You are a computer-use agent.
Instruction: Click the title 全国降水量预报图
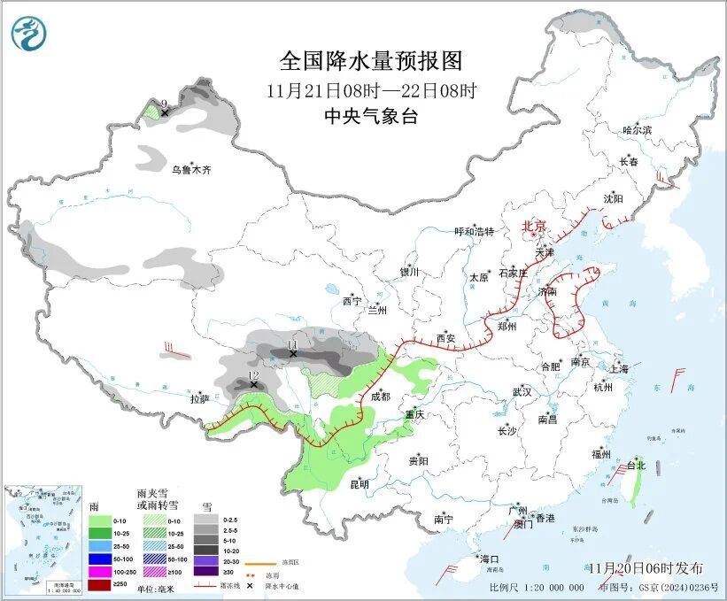tap(371, 61)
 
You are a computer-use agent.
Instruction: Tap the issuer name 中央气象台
tap(371, 116)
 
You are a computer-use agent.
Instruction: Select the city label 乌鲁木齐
tap(192, 169)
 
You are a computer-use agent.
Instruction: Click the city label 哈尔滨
tap(636, 130)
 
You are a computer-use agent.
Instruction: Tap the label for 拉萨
tap(200, 399)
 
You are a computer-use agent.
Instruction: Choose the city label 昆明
tap(360, 484)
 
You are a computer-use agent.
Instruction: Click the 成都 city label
tap(380, 397)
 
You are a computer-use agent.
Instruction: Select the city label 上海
tap(619, 368)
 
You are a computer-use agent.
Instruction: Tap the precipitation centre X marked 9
tap(165, 112)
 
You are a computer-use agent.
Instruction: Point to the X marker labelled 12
tap(254, 385)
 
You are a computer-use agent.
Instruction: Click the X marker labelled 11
tap(293, 353)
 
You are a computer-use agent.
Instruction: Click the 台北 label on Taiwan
tap(636, 466)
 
